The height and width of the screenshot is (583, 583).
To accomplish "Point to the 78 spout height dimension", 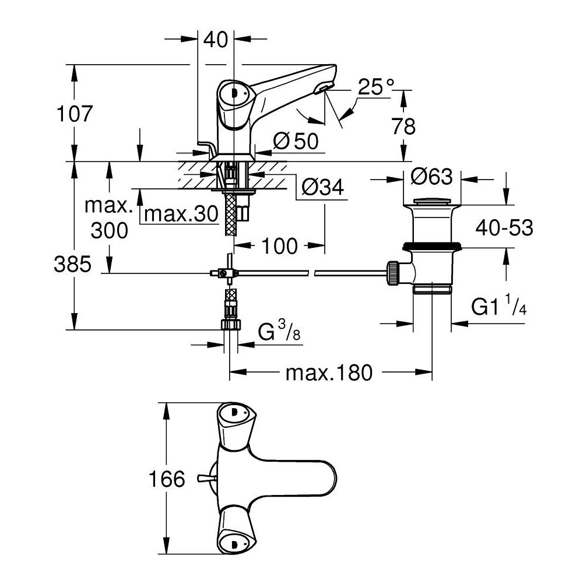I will tap(403, 126).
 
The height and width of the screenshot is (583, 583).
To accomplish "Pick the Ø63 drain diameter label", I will tap(433, 175).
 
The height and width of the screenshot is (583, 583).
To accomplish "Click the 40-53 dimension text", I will tap(504, 228).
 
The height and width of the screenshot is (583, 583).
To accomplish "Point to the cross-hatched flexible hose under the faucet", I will tap(232, 213).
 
